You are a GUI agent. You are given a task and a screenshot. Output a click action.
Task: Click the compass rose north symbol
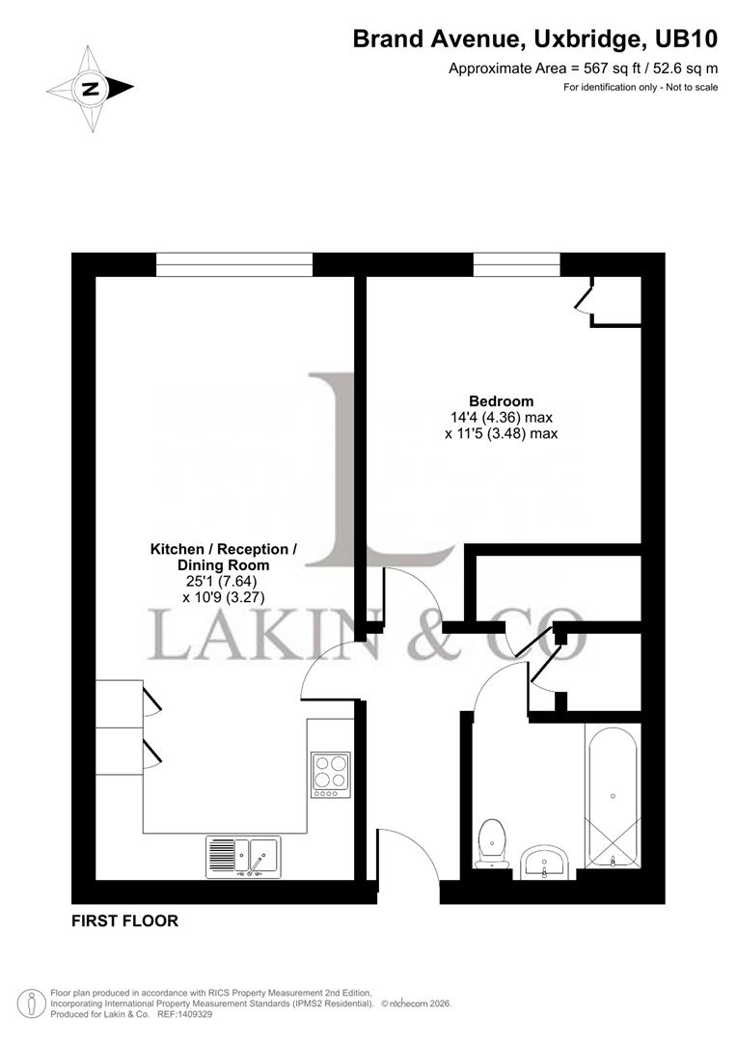point(91,89)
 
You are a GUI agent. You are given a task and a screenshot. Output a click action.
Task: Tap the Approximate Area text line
point(584,68)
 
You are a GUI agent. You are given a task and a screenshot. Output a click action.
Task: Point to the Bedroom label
point(501,401)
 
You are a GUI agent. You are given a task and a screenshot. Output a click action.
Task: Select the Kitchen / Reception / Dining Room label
point(223,557)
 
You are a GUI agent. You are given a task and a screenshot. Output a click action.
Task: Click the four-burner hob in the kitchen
point(331,774)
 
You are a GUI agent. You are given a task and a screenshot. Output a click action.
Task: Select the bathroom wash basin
point(546,861)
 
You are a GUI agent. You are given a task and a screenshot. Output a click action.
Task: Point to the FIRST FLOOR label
point(125,921)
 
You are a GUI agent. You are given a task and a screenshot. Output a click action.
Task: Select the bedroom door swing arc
point(411,595)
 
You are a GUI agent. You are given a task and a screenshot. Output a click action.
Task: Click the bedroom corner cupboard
point(616,300)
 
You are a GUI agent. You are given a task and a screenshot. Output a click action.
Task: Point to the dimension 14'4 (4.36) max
point(502,418)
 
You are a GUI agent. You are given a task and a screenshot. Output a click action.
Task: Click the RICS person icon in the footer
point(35,1003)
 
